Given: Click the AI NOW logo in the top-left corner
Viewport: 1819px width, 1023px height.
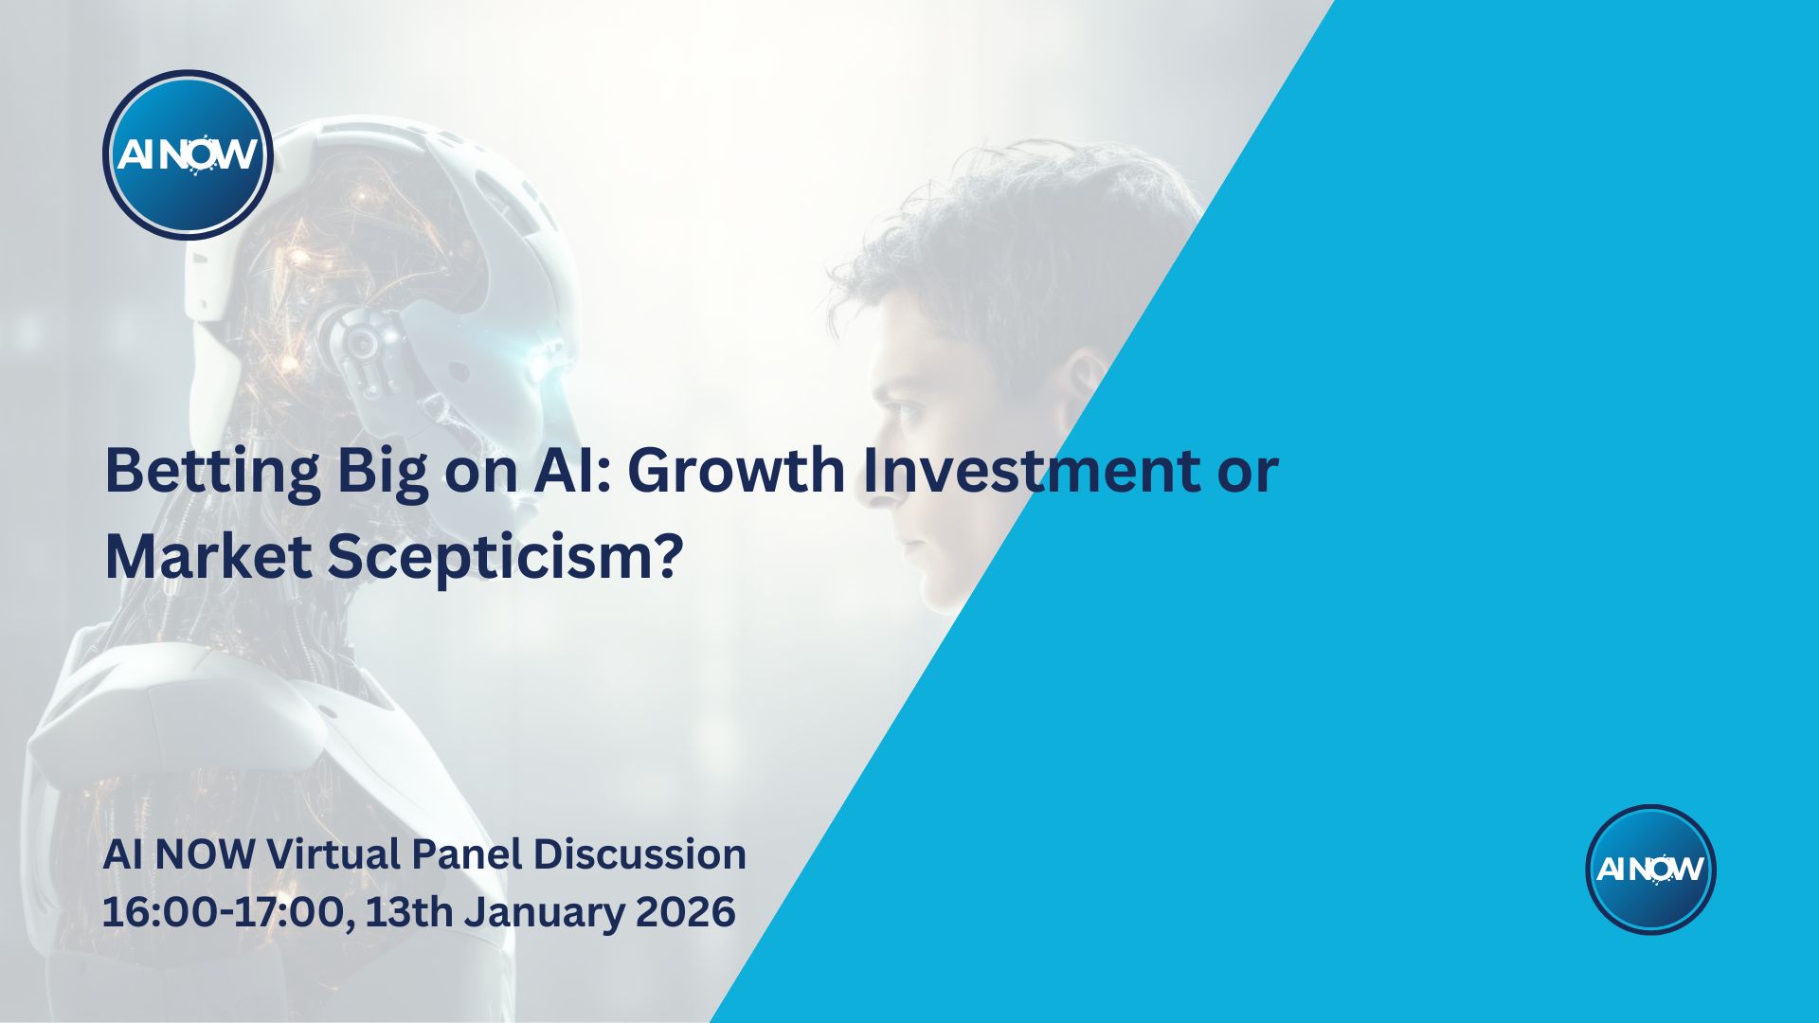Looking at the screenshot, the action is point(188,154).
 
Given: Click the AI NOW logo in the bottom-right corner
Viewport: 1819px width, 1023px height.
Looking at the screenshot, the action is point(1650,870).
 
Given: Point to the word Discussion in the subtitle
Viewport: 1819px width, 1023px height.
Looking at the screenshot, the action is point(639,854).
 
